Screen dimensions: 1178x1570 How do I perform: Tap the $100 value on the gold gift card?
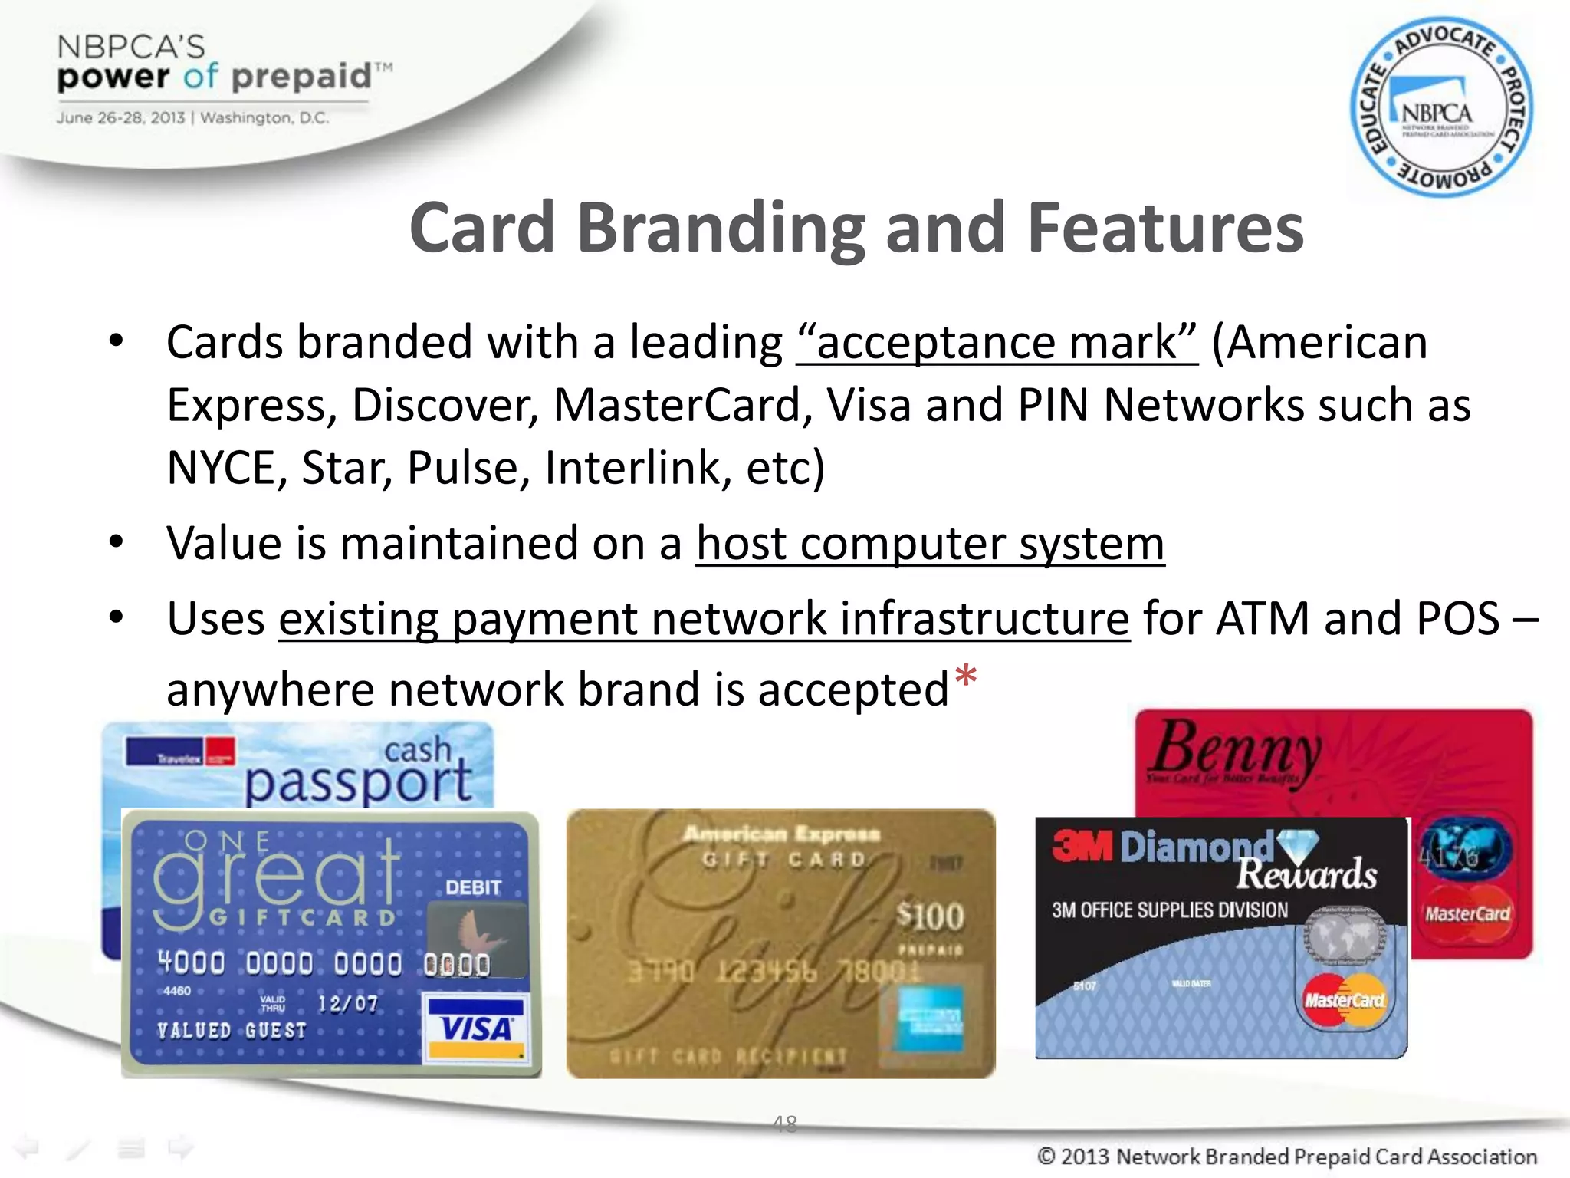930,916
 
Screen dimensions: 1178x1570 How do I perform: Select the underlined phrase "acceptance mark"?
997,342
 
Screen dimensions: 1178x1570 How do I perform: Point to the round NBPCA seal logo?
1441,107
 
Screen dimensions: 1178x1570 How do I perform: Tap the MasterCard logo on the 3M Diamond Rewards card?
1345,999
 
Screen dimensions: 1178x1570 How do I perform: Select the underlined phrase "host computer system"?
930,544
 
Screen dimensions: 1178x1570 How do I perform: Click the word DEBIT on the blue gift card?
473,887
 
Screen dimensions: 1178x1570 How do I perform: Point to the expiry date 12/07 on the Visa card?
347,1003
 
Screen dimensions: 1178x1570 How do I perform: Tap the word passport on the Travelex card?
358,782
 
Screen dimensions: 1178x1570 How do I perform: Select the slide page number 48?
785,1124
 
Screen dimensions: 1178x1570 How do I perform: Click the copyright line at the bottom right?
1287,1156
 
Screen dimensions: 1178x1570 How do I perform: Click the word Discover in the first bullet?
445,405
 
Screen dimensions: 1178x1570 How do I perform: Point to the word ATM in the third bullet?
1263,619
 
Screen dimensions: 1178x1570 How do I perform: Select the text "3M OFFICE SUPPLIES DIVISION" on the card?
1170,910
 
